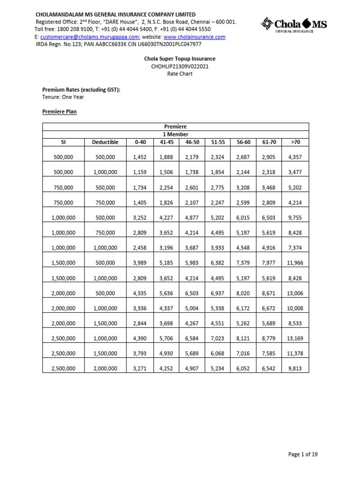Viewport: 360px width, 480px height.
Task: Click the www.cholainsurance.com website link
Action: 194,37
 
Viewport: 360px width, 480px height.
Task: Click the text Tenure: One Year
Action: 63,97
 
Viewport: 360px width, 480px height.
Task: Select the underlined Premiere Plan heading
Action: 60,112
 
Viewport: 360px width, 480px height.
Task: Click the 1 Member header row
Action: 175,134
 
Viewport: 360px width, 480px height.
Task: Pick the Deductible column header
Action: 105,142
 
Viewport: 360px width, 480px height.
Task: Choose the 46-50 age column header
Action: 192,142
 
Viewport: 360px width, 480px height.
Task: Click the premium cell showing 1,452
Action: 141,157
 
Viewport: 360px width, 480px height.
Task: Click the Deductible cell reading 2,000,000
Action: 105,369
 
